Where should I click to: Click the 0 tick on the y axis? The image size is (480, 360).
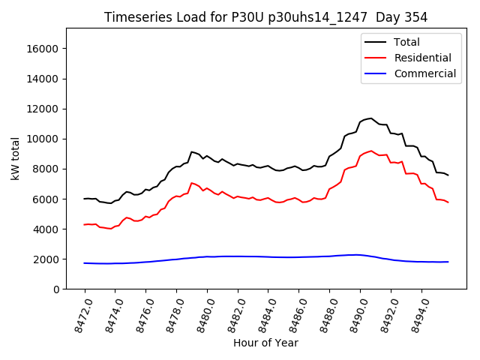(56, 289)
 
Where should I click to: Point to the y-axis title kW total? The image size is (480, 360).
(15, 158)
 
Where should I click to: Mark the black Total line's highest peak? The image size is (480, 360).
(370, 118)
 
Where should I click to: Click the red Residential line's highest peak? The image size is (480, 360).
(370, 151)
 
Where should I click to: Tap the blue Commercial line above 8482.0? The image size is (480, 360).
(238, 256)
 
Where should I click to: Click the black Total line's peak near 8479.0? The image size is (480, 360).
(192, 151)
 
